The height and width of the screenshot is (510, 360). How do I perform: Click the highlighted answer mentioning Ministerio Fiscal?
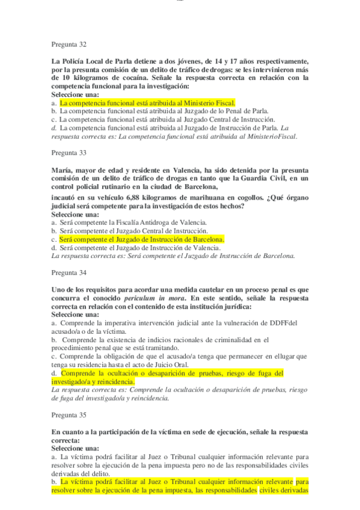click(x=147, y=103)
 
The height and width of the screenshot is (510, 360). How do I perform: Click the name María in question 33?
click(x=63, y=170)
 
